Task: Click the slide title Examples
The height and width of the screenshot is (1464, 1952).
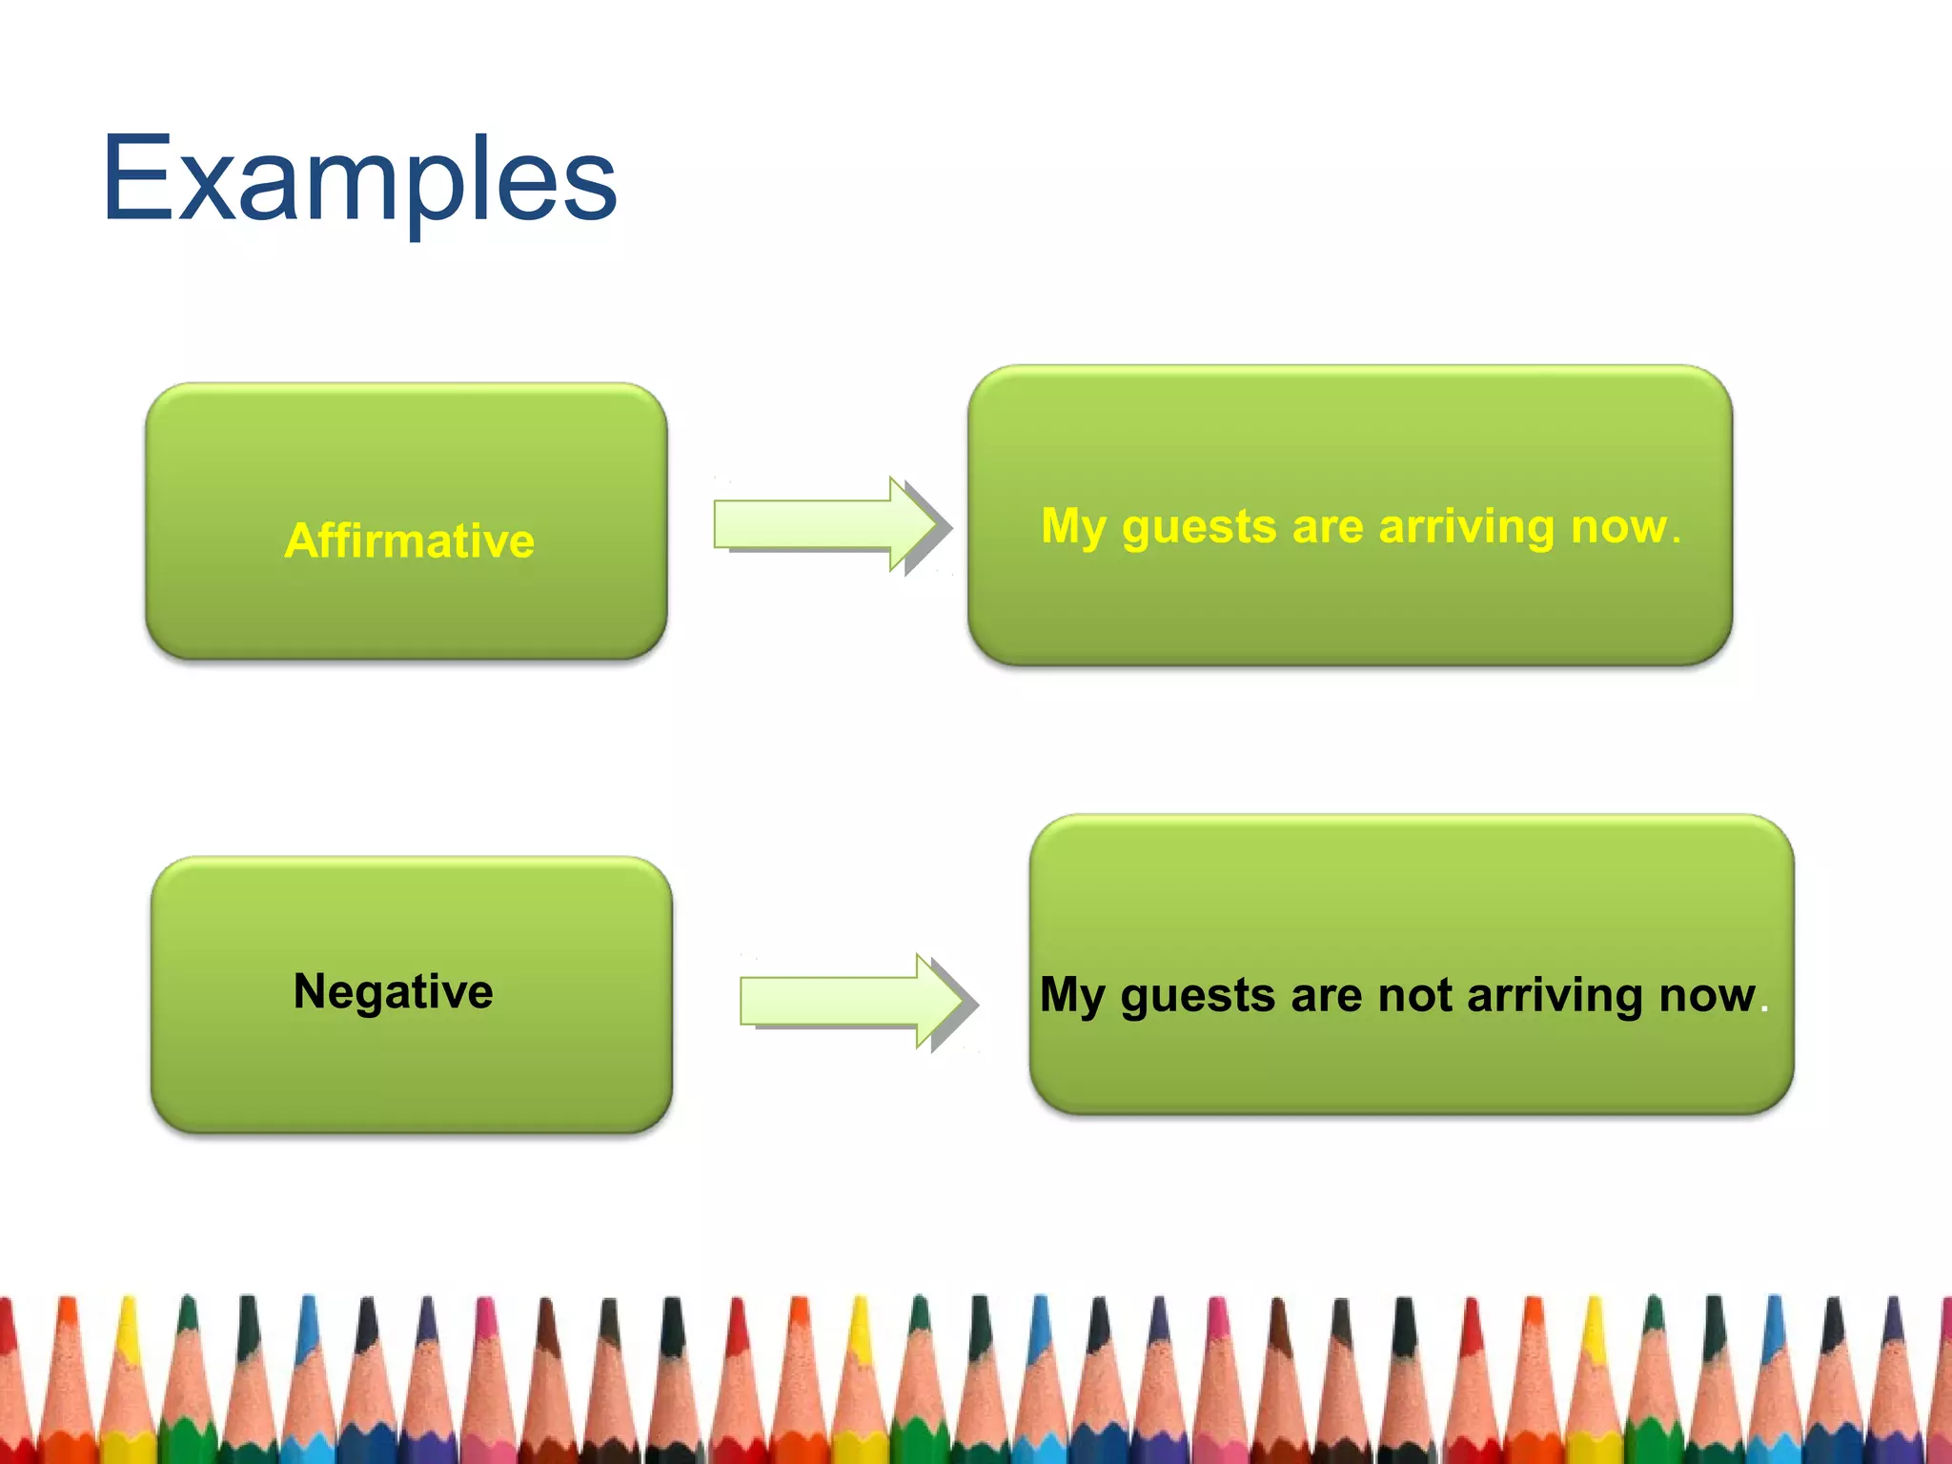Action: (x=359, y=181)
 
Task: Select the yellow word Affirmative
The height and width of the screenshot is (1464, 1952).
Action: (x=409, y=540)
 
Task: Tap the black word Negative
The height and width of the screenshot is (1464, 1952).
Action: (x=393, y=991)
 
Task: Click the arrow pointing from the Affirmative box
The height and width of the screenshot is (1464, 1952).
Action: (x=829, y=525)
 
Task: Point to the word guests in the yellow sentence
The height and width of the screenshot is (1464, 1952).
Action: (x=1198, y=527)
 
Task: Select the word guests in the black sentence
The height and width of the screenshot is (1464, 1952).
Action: (x=1197, y=997)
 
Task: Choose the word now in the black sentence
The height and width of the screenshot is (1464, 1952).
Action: (x=1706, y=995)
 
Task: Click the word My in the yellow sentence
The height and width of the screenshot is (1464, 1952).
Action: (x=1072, y=527)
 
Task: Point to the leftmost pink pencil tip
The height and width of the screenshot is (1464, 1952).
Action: (x=486, y=1320)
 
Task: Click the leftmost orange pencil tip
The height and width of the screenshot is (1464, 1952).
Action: (x=67, y=1320)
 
